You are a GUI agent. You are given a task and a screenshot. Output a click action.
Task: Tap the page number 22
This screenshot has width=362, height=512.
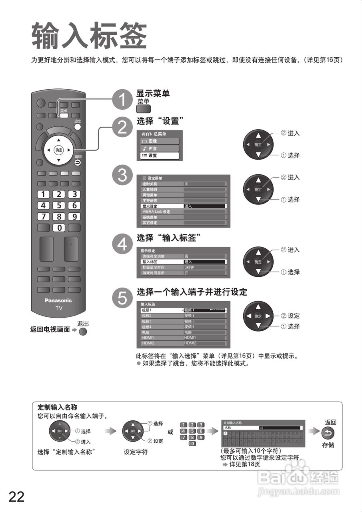(x=16, y=497)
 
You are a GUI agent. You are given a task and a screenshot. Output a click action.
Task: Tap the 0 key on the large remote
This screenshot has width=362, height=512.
(x=59, y=228)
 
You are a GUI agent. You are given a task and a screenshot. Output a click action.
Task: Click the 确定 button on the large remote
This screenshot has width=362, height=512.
(x=59, y=150)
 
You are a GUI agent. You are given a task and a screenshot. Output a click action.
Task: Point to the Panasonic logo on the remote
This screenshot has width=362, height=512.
(x=58, y=300)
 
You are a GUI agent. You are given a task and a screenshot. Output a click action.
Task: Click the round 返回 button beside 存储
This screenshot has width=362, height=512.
(x=328, y=433)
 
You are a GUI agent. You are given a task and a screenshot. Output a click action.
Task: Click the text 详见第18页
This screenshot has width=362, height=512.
(x=244, y=464)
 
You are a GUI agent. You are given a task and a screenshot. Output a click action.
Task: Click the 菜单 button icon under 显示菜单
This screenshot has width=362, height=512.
(x=143, y=109)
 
